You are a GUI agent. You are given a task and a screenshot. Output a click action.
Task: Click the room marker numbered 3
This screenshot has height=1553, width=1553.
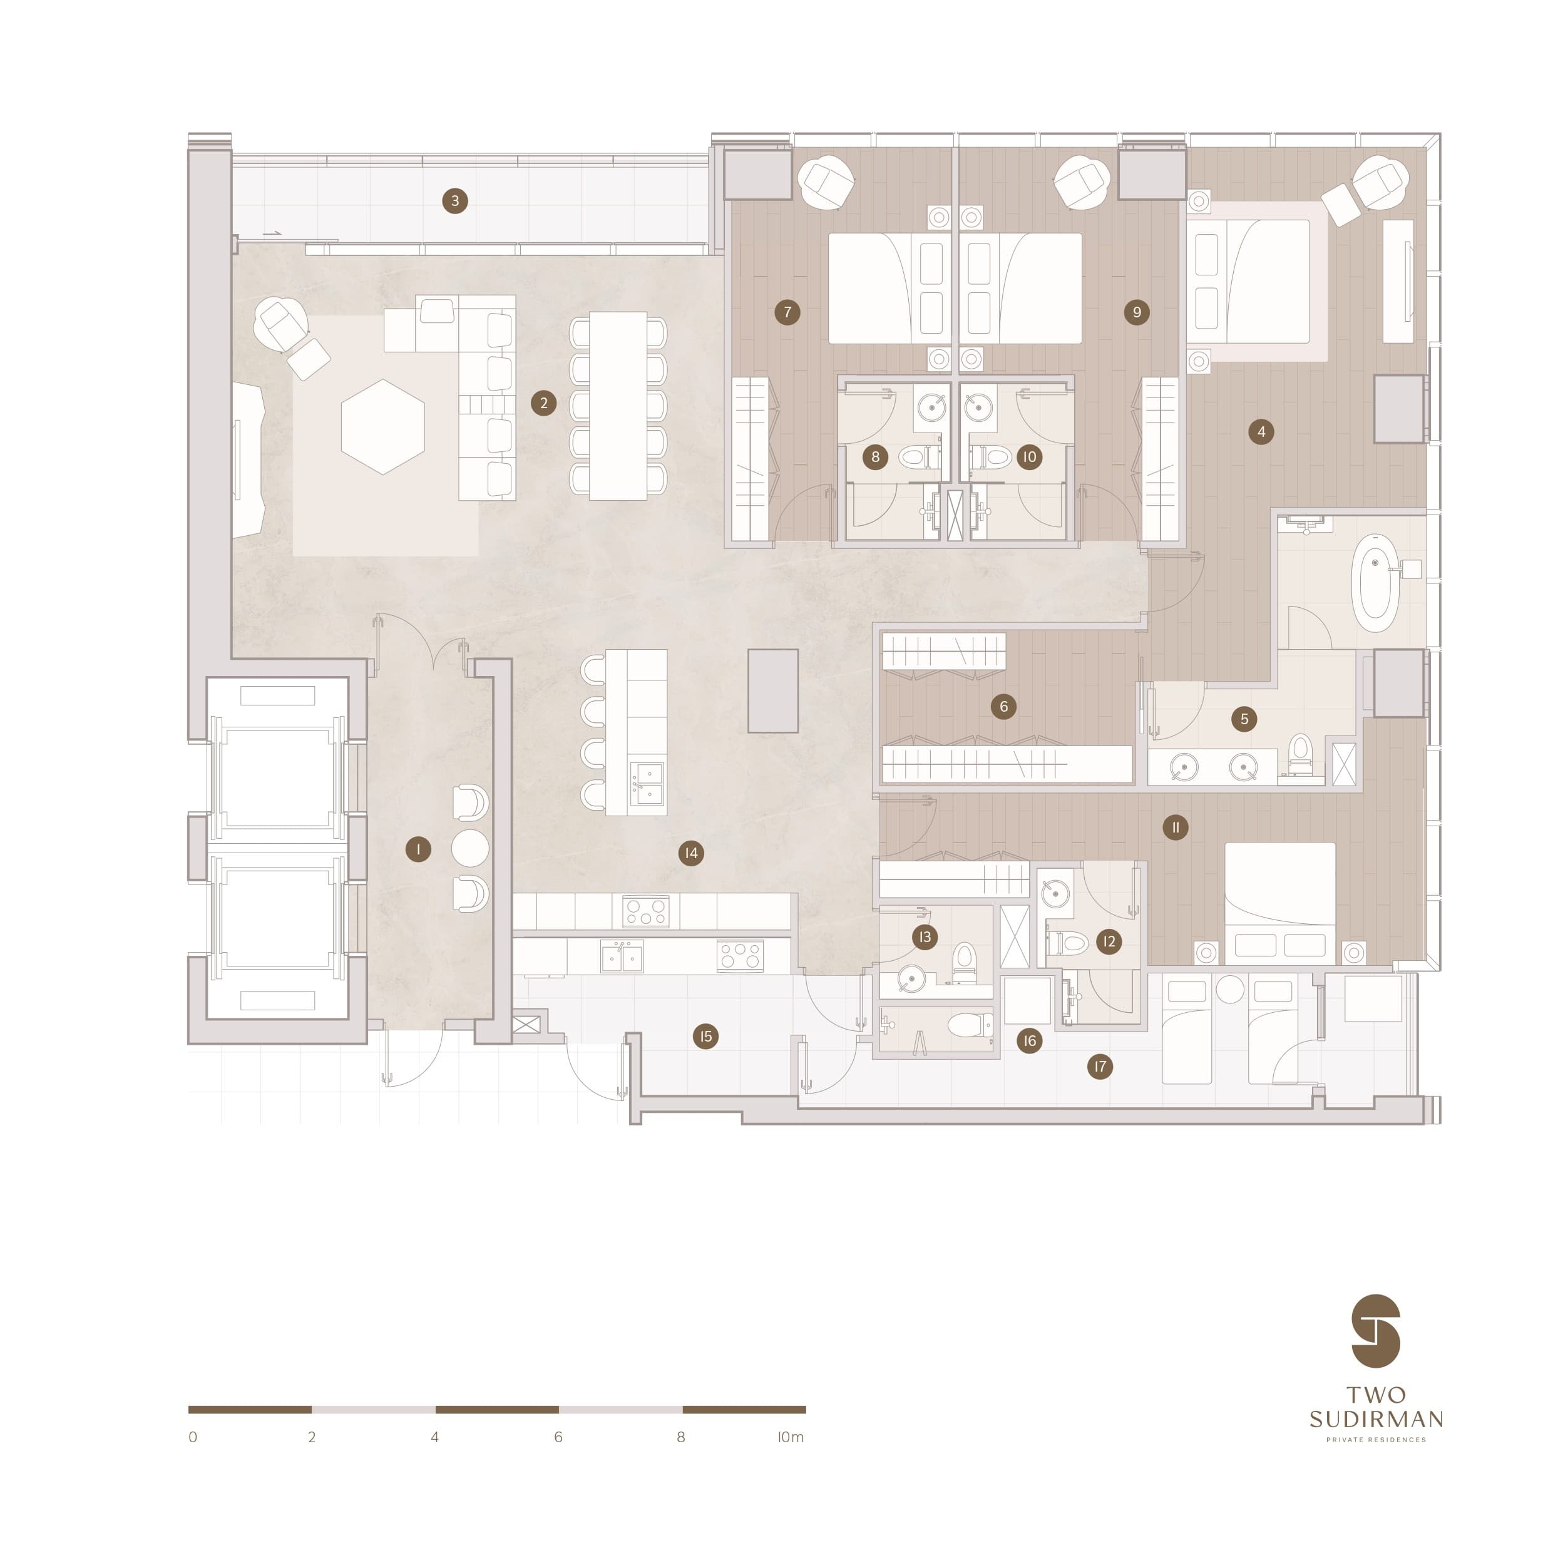[x=455, y=201]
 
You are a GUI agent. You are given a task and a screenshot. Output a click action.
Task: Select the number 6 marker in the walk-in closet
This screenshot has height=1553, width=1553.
[x=1003, y=707]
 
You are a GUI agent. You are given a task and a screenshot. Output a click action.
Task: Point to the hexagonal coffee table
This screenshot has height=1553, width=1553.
[x=382, y=427]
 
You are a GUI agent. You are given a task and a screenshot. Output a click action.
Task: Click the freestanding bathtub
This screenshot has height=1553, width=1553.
[x=1375, y=583]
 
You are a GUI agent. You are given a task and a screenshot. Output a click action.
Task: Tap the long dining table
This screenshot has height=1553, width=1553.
[x=618, y=406]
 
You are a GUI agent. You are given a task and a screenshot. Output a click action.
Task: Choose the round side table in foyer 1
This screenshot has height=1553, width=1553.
[x=470, y=848]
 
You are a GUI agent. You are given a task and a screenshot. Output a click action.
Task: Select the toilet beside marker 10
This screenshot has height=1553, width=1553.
[x=990, y=458]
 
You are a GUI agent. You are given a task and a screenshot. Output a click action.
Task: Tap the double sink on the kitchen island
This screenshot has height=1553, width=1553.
[x=647, y=784]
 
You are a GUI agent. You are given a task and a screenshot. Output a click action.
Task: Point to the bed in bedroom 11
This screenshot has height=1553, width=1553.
[x=1279, y=903]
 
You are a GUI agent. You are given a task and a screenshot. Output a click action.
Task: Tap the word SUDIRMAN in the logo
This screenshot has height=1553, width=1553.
[x=1376, y=1419]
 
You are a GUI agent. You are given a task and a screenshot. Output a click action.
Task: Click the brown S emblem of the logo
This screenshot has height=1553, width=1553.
[x=1376, y=1330]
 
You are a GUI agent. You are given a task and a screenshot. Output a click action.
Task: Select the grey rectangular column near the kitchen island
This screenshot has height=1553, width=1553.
[x=773, y=691]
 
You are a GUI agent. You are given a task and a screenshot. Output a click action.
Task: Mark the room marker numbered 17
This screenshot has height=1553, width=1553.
[x=1100, y=1067]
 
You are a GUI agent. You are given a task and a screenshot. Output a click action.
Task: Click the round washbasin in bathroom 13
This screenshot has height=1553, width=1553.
[x=911, y=979]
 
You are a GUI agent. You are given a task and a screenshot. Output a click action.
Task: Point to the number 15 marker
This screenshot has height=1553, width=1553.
[x=705, y=1036]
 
